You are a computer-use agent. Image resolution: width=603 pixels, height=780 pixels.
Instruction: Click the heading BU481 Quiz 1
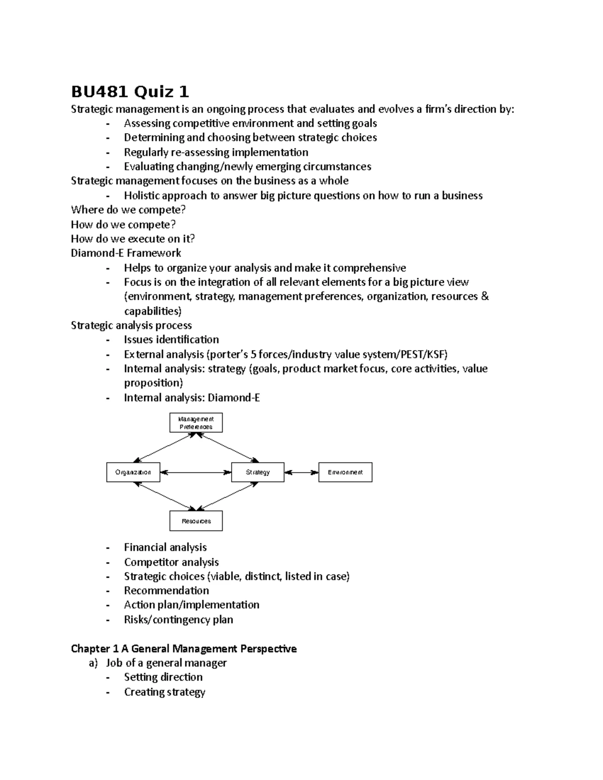tap(130, 92)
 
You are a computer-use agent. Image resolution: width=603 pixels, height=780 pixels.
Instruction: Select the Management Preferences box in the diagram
tap(196, 423)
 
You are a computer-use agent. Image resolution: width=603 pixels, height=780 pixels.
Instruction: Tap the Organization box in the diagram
tap(133, 472)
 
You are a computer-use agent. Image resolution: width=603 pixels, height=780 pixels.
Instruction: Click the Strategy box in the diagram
tap(258, 472)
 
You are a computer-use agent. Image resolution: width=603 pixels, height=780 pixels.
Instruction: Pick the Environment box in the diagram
tap(345, 472)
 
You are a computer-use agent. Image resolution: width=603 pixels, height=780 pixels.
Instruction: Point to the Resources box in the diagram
tap(196, 521)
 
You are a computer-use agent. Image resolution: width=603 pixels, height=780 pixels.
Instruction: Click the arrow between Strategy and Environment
tap(301, 472)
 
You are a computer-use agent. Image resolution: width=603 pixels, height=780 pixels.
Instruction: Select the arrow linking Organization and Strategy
tap(195, 472)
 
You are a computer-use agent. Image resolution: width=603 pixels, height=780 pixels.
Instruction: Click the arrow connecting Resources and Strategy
tap(227, 496)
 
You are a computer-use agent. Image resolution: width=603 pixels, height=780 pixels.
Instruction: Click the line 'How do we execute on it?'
tap(133, 239)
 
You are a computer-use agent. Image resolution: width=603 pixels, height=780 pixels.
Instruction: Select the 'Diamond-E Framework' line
tap(126, 253)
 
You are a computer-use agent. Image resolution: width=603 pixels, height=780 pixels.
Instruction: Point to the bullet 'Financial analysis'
tap(165, 547)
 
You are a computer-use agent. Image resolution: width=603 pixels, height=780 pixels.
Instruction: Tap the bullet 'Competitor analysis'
tap(171, 562)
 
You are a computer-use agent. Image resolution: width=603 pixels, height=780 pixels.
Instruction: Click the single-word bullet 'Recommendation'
tap(166, 591)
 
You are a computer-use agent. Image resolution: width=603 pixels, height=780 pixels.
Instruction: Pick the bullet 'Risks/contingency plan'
tap(178, 620)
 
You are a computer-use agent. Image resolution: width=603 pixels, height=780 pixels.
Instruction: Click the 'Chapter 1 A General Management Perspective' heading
tap(183, 649)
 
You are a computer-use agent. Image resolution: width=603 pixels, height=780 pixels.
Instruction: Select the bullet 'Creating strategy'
tap(164, 692)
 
